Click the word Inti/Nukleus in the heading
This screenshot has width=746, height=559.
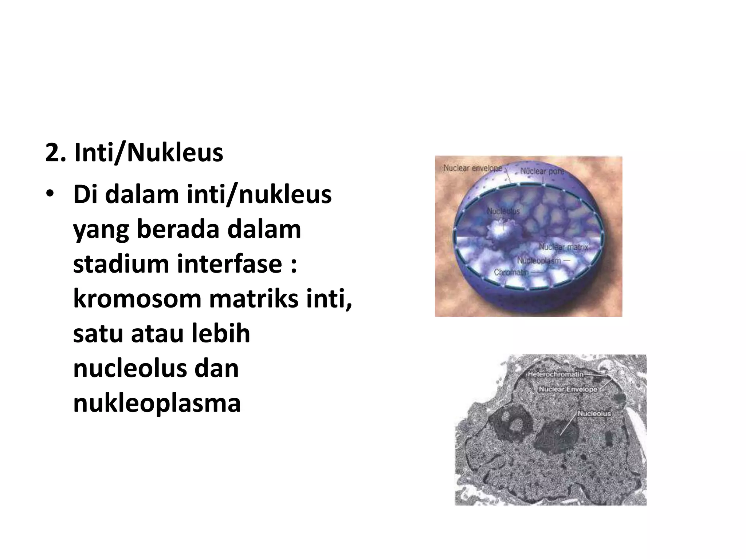149,153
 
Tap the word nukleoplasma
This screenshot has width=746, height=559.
157,404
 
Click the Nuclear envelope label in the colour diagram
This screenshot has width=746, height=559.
472,169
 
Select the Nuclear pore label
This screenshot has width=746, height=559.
542,171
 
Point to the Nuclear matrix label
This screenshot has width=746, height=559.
563,247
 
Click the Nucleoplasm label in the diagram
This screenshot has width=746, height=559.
539,261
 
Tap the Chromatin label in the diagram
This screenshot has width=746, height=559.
511,272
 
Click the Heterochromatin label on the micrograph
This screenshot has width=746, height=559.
555,374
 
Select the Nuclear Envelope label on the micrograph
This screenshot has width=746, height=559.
568,389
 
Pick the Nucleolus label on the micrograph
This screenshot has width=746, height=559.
594,413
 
